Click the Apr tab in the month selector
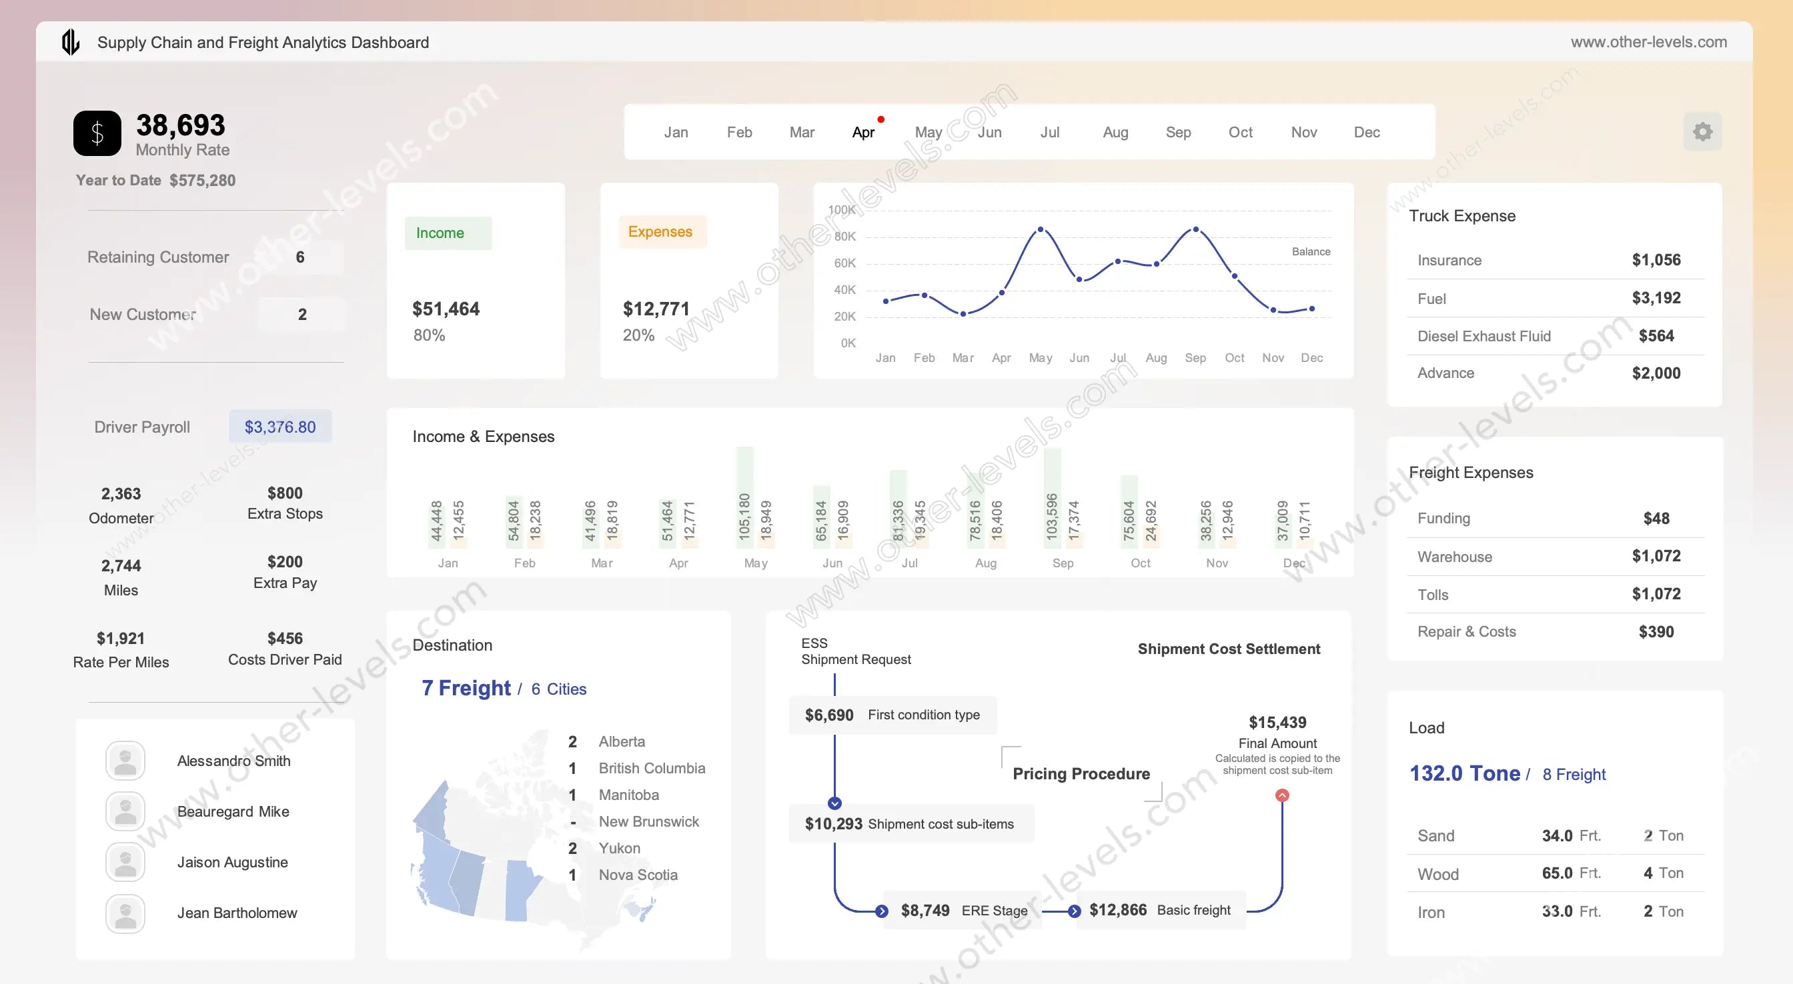(863, 132)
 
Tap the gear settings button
(1702, 131)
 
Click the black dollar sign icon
(97, 133)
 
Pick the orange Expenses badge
(660, 232)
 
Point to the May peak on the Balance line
(1041, 229)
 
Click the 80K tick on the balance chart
(844, 237)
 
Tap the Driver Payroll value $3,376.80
(279, 427)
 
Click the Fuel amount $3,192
(1656, 298)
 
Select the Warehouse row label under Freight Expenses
(1455, 557)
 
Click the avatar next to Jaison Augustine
(125, 862)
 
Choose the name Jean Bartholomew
(237, 913)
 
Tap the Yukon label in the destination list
(620, 848)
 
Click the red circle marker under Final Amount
(1282, 795)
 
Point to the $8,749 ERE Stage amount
(925, 910)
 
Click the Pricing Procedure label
(1081, 774)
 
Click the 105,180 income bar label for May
(744, 517)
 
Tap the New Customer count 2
(302, 315)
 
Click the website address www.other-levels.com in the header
(1648, 42)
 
